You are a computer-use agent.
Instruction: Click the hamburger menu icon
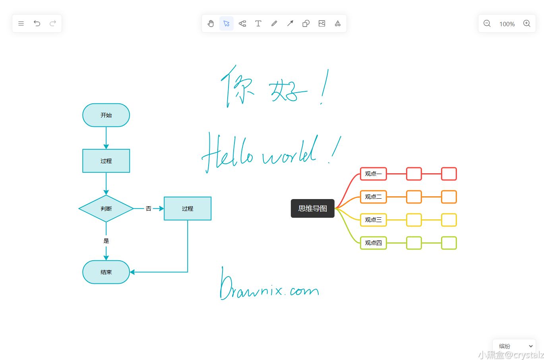point(21,23)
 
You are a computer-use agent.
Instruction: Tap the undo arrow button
point(37,23)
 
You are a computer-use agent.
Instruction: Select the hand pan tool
point(211,23)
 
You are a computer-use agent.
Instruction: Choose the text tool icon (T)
point(258,23)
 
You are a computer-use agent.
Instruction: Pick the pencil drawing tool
point(274,23)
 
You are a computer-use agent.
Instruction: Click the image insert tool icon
point(322,23)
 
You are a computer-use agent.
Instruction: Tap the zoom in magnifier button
point(527,23)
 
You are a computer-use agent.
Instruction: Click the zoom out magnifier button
point(487,23)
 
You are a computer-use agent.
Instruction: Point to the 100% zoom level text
point(507,24)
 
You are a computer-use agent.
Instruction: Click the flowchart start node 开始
point(106,115)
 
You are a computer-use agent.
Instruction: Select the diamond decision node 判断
point(106,209)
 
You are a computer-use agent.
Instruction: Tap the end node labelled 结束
point(106,272)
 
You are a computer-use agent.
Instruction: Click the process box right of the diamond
point(188,209)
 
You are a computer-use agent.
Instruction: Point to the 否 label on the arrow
point(149,209)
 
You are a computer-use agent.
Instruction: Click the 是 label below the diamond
point(106,241)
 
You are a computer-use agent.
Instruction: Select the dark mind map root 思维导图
point(313,209)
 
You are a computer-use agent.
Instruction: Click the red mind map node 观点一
point(373,174)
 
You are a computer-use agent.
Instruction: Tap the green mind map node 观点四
point(373,243)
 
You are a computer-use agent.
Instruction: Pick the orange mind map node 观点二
point(373,197)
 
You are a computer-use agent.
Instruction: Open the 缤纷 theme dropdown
point(514,346)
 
